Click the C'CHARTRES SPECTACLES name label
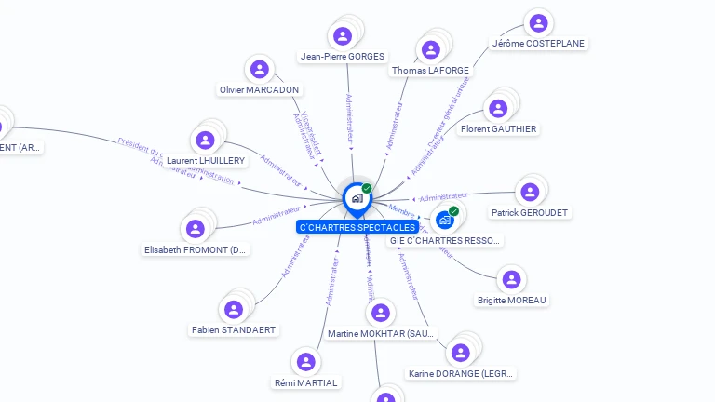pyautogui.click(x=357, y=227)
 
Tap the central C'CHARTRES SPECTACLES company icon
pyautogui.click(x=357, y=197)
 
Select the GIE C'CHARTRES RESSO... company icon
pyautogui.click(x=444, y=220)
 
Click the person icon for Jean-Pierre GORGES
pyautogui.click(x=343, y=36)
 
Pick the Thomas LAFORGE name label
pyautogui.click(x=430, y=70)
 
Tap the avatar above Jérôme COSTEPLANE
pyautogui.click(x=538, y=23)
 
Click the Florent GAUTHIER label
pyautogui.click(x=498, y=128)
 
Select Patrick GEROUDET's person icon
pyautogui.click(x=530, y=192)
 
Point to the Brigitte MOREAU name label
pyautogui.click(x=512, y=300)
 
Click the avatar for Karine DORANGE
pyautogui.click(x=460, y=353)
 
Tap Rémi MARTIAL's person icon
pyautogui.click(x=305, y=362)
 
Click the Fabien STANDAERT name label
pyautogui.click(x=235, y=329)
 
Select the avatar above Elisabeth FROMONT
pyautogui.click(x=196, y=229)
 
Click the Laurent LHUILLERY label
pyautogui.click(x=206, y=160)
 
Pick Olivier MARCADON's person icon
pyautogui.click(x=260, y=69)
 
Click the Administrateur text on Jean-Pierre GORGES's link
pyautogui.click(x=349, y=117)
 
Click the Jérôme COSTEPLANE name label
pyautogui.click(x=540, y=44)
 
